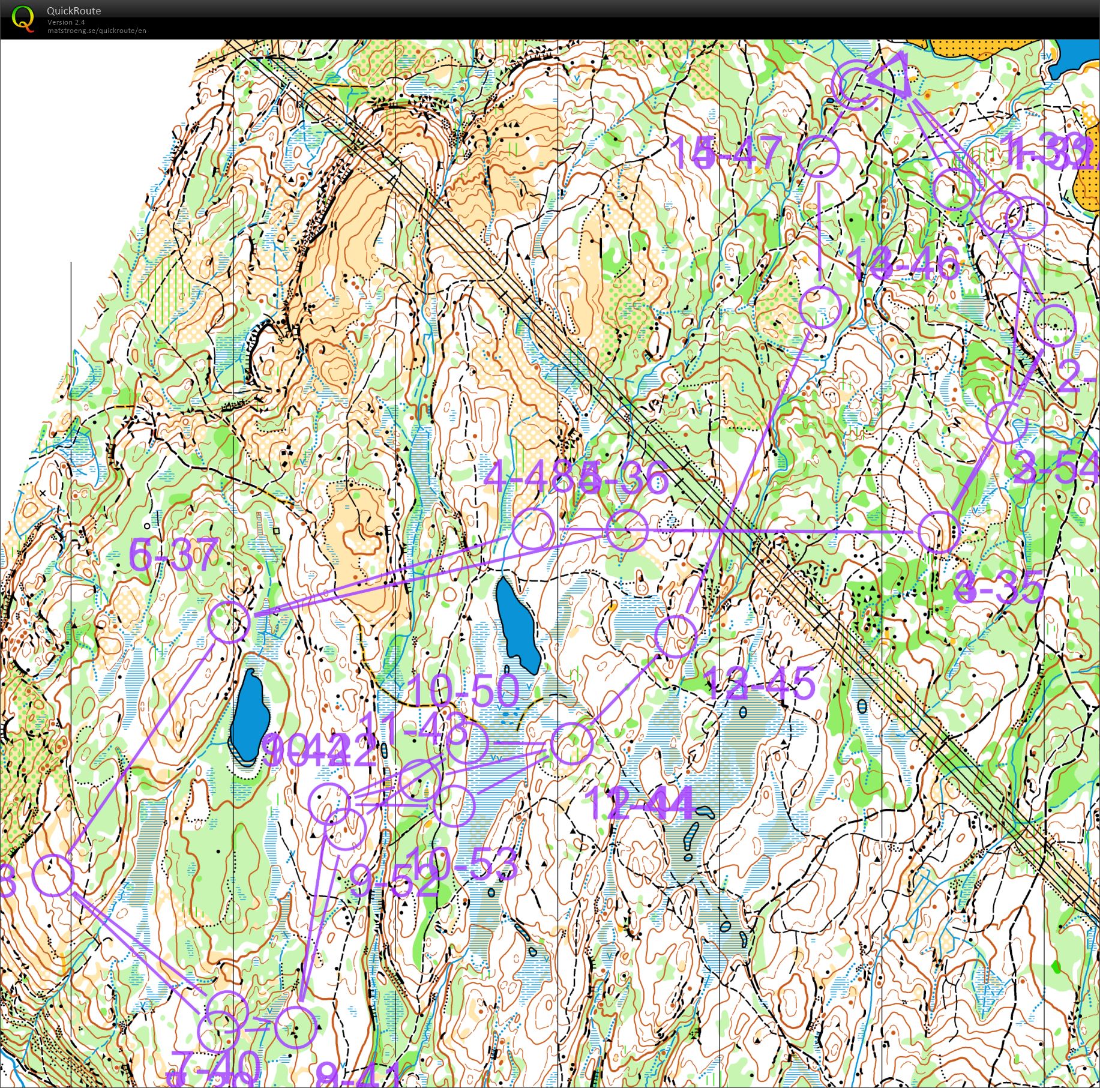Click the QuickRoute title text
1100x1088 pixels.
click(x=73, y=10)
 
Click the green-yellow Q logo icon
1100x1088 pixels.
click(x=23, y=17)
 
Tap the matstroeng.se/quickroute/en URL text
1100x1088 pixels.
click(x=97, y=31)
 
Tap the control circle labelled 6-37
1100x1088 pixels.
click(x=229, y=622)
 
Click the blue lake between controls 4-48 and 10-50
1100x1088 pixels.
click(x=517, y=624)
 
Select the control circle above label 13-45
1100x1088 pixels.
click(x=676, y=636)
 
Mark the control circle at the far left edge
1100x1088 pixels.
click(x=53, y=876)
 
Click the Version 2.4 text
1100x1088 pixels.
click(x=66, y=22)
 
